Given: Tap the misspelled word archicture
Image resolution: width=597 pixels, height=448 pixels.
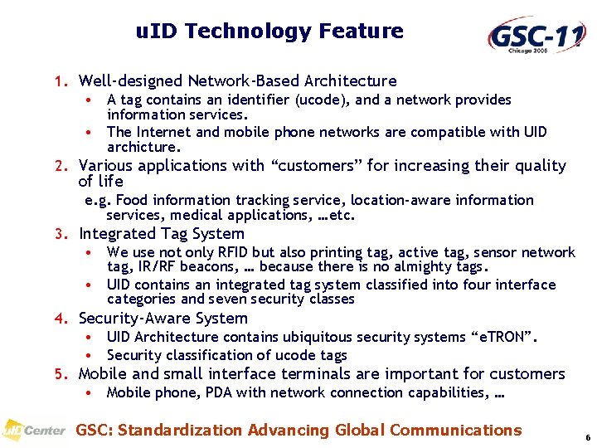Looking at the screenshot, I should click(143, 147).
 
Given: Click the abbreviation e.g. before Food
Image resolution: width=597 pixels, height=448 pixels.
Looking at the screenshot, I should click(99, 200).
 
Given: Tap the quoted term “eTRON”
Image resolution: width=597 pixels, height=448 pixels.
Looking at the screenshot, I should click(504, 337).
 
